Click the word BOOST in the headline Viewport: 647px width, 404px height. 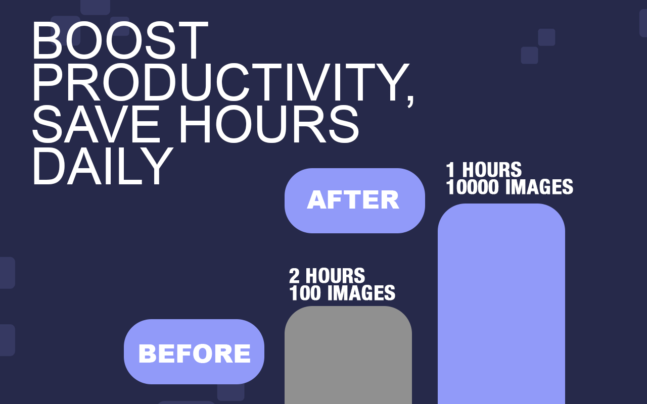click(120, 40)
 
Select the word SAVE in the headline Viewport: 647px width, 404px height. click(96, 124)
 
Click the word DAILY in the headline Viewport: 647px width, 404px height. click(103, 166)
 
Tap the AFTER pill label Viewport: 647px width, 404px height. click(355, 200)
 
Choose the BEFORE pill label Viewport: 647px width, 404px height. click(194, 352)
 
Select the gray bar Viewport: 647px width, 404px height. click(348, 355)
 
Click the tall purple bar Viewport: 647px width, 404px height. click(501, 304)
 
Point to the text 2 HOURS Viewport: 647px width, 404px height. click(327, 276)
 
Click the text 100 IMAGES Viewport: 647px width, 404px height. click(342, 293)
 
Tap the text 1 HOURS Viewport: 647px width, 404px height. click(484, 170)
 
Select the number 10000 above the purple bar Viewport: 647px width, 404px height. click(472, 187)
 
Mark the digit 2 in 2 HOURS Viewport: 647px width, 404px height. click(294, 276)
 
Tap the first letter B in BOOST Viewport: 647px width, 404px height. click(48, 40)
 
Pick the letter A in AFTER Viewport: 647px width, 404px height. click(317, 200)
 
